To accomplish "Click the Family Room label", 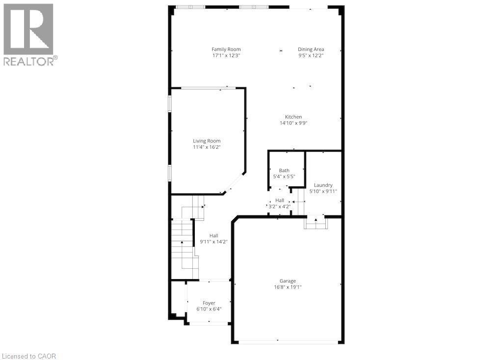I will coord(226,49).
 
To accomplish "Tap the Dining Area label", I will coord(311,49).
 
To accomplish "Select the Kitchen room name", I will coord(293,117).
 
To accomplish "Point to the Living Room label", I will coord(207,141).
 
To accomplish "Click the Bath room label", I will coord(284,170).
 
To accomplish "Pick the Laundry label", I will coord(323,185).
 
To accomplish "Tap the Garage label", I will coord(288,281).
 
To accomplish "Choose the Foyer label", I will coord(209,303).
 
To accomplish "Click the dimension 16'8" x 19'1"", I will coord(288,287).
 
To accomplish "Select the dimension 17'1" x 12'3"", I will coord(226,55).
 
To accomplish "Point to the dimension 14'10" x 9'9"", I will coord(293,123).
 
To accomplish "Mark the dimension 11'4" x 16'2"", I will coord(207,147).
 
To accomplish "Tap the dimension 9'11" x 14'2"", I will coord(213,241).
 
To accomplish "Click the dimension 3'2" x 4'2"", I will coord(280,206).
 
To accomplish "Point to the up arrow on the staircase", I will coord(182,242).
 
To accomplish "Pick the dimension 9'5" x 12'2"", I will coord(311,55).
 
